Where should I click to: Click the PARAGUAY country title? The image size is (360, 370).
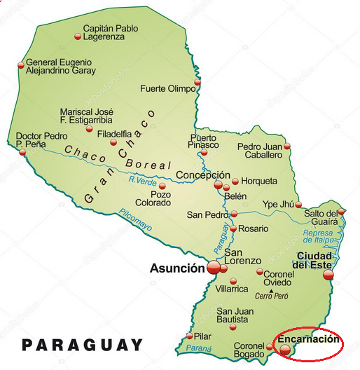click(x=82, y=345)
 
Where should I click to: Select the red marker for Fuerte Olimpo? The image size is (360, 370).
click(x=197, y=82)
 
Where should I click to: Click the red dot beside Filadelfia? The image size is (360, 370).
click(x=113, y=142)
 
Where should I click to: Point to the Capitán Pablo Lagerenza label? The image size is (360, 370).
click(x=109, y=32)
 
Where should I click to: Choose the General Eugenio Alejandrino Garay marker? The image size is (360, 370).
click(x=20, y=67)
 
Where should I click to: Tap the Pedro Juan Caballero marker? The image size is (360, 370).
click(x=286, y=146)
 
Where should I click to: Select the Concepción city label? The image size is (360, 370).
click(x=202, y=175)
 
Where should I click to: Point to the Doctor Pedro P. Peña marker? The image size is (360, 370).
click(x=22, y=152)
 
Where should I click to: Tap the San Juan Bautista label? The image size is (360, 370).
click(x=233, y=315)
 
